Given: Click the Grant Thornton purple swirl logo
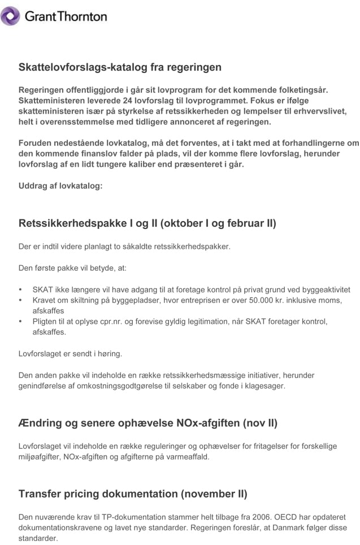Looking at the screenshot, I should tap(10, 16).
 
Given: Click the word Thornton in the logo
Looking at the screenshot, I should tap(81, 17).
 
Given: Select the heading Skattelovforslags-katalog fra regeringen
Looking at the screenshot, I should tap(120, 67).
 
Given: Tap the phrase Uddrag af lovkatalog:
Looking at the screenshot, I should tap(60, 185).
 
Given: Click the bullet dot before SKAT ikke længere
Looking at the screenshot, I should tap(21, 289).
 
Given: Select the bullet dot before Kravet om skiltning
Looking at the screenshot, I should tap(21, 300).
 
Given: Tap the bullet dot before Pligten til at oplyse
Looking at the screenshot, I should tap(21, 322).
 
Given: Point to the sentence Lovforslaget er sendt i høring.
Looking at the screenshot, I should tap(70, 354).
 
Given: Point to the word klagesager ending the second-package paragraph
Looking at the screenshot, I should tap(267, 386).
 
